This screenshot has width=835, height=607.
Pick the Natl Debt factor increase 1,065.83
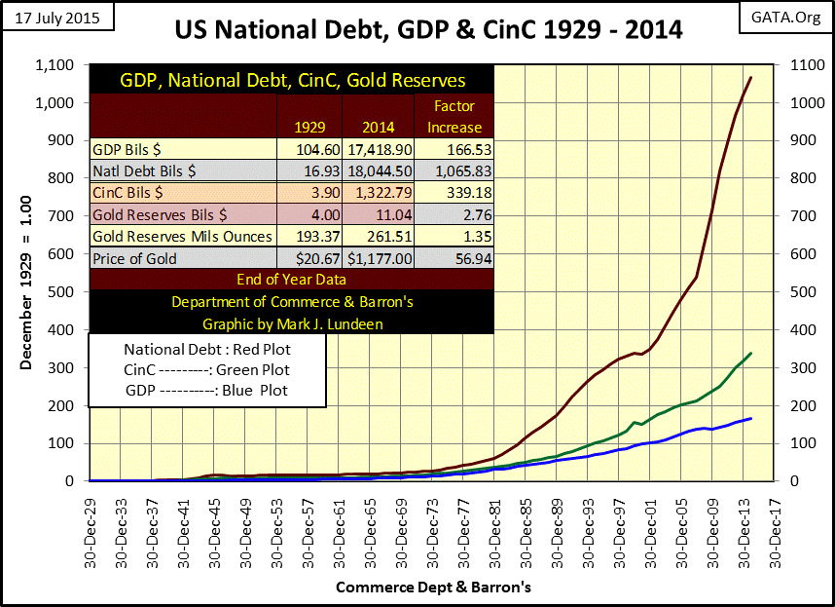coord(454,171)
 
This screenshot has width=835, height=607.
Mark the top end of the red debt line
coord(750,78)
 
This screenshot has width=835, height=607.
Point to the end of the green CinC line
coord(750,353)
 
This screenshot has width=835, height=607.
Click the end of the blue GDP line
coord(750,418)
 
